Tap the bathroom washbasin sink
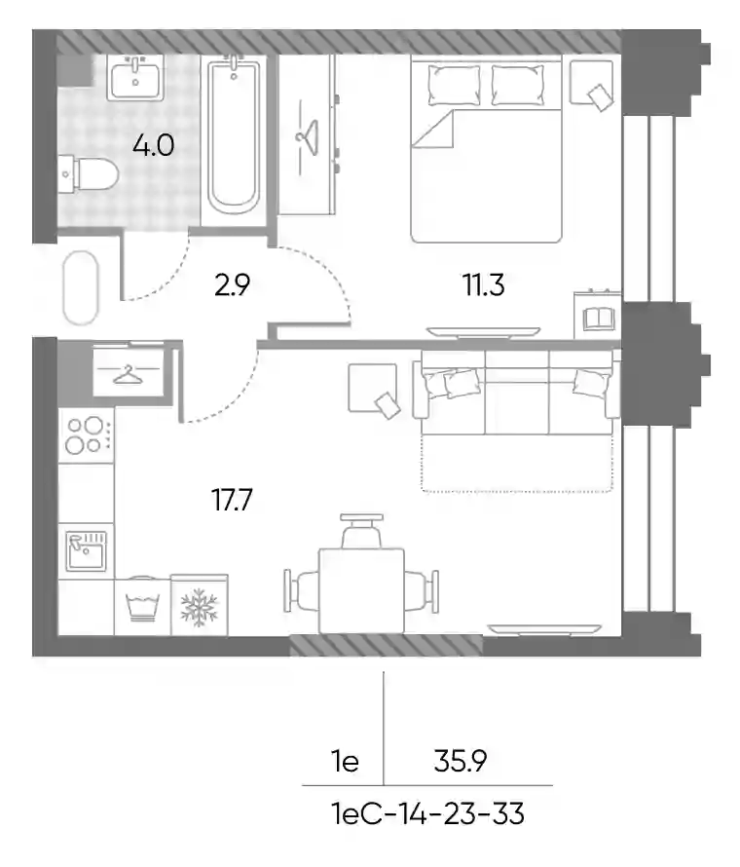(135, 78)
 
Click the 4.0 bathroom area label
(153, 145)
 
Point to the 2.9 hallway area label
(232, 285)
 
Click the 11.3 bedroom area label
(484, 285)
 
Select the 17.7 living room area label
(232, 500)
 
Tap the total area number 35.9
(461, 762)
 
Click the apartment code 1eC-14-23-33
(427, 814)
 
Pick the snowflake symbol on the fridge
(199, 605)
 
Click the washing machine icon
(142, 606)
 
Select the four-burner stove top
(87, 435)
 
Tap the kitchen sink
(87, 550)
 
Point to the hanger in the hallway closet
(129, 374)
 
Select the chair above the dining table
(361, 531)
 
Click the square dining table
(361, 590)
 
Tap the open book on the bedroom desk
(597, 319)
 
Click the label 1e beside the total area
(346, 762)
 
